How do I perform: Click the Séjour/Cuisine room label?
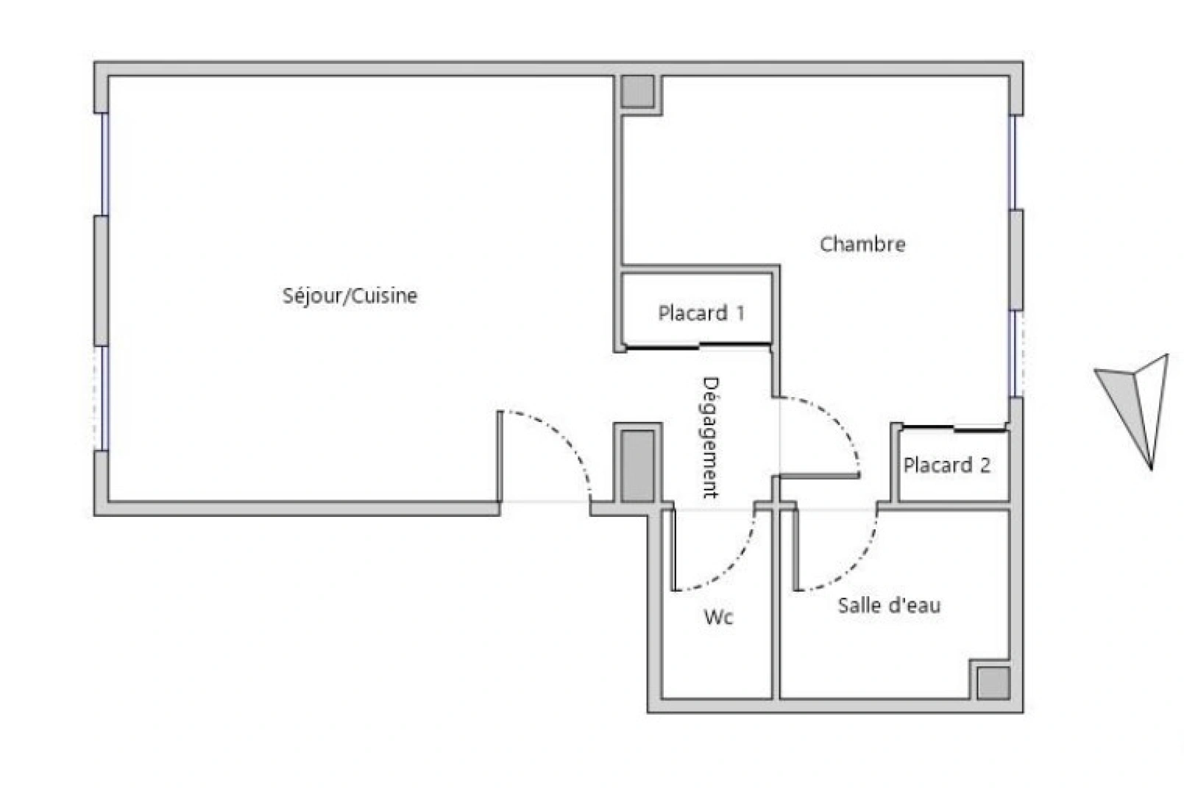click(x=350, y=296)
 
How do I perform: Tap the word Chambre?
click(x=862, y=244)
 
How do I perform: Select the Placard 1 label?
click(x=701, y=313)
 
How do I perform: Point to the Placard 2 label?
click(x=946, y=465)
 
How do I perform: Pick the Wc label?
click(x=718, y=617)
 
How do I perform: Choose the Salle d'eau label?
click(x=889, y=606)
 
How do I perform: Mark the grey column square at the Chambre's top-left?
click(x=637, y=92)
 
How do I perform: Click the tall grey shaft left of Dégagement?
click(x=637, y=466)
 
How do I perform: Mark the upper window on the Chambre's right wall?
click(x=1014, y=162)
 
